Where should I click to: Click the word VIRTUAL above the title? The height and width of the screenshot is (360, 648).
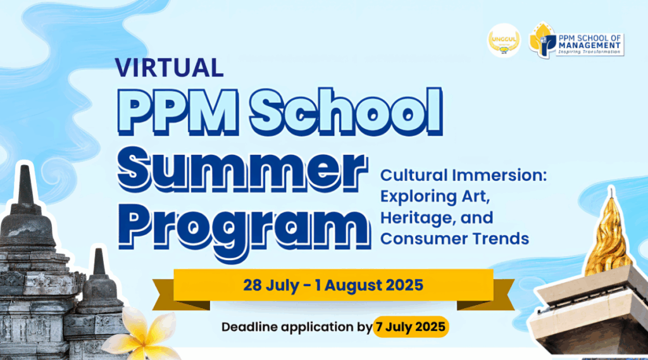click(169, 66)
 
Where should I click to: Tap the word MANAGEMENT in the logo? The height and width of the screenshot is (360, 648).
click(590, 45)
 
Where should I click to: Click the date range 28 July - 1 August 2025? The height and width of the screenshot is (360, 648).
click(333, 285)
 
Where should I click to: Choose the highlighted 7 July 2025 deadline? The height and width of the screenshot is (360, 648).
click(411, 328)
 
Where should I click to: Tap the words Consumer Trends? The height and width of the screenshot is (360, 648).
click(454, 239)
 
